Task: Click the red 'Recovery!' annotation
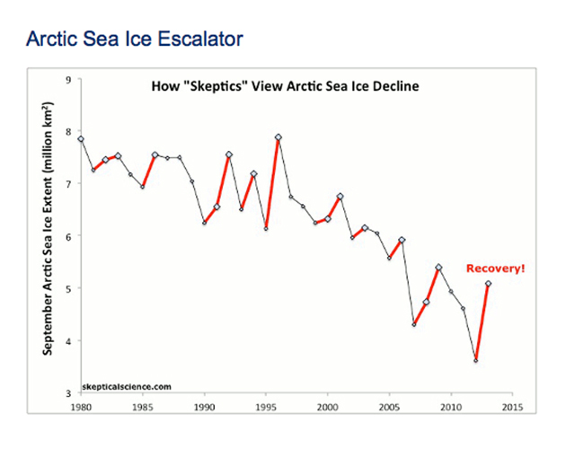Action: [x=495, y=269]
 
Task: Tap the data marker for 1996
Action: [x=279, y=137]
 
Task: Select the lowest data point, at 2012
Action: [x=476, y=361]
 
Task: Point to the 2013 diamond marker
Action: [x=488, y=284]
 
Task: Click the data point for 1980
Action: [x=81, y=139]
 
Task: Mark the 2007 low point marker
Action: [x=414, y=324]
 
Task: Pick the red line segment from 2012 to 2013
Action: [x=482, y=322]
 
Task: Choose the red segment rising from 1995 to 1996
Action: [x=272, y=183]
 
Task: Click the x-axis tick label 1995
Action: [x=266, y=408]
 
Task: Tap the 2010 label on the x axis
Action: [x=451, y=408]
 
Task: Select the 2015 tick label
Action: [x=513, y=408]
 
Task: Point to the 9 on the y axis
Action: [x=68, y=80]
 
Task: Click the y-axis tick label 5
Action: [x=68, y=288]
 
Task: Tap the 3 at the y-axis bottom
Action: [x=68, y=393]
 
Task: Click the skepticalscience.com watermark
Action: [x=127, y=387]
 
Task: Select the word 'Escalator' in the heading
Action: [x=200, y=39]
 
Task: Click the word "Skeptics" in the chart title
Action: [x=216, y=86]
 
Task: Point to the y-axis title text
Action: [x=48, y=228]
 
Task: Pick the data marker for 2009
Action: [x=438, y=268]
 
